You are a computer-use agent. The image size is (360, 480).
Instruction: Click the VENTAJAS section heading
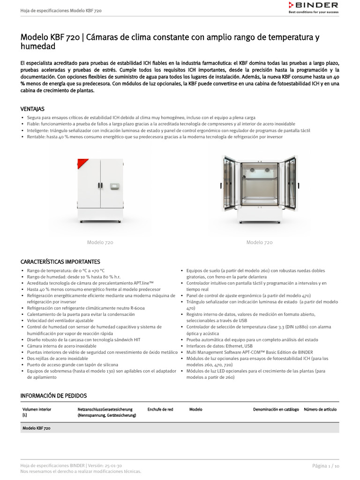pyautogui.click(x=32, y=109)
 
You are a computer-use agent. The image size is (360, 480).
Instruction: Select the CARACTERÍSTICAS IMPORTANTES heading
pyautogui.click(x=60, y=262)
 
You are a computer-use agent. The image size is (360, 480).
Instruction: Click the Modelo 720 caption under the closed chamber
pyautogui.click(x=100, y=242)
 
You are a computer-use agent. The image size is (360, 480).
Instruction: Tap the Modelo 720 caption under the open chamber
pyautogui.click(x=259, y=242)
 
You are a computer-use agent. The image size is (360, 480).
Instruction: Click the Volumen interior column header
pyautogui.click(x=37, y=409)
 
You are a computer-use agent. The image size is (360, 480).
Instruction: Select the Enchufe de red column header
pyautogui.click(x=160, y=409)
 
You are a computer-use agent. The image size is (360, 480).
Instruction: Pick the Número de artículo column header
pyautogui.click(x=320, y=409)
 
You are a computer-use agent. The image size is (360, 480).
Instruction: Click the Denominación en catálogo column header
pyautogui.click(x=276, y=409)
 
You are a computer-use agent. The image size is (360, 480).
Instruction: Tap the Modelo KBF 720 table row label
pyautogui.click(x=37, y=428)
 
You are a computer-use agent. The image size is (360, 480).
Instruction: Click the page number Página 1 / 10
pyautogui.click(x=326, y=465)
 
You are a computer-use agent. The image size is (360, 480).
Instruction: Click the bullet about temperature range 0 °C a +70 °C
pyautogui.click(x=66, y=270)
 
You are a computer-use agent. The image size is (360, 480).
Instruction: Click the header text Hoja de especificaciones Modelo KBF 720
pyautogui.click(x=61, y=10)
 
